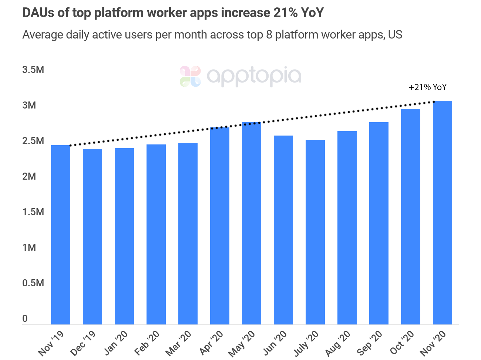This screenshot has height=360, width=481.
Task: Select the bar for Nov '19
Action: point(61,235)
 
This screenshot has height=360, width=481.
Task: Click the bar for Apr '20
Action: point(220,226)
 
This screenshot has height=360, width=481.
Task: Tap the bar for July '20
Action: point(315,232)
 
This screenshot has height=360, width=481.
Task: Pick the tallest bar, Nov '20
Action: point(443,213)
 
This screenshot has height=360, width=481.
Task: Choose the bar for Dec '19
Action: point(92,237)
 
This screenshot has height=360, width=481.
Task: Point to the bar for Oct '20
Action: point(411,217)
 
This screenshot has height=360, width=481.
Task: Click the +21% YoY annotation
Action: point(428,87)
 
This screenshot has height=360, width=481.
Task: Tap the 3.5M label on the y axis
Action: point(33,70)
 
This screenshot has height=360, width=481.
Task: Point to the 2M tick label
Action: point(29,176)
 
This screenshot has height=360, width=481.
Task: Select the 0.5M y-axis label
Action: point(33,283)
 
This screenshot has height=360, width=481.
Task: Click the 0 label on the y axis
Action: point(25,319)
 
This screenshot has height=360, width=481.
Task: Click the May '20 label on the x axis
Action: point(242,343)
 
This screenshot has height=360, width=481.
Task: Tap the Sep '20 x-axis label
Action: point(370,343)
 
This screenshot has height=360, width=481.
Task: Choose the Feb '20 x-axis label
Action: point(147,343)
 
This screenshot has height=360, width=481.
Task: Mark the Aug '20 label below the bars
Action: point(337,343)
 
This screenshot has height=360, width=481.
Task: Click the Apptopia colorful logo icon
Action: point(190,76)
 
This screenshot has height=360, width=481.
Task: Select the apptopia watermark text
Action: point(254,77)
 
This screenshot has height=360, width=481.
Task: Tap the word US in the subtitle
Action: point(395,35)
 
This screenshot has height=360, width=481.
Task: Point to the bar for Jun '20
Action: point(283,230)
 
